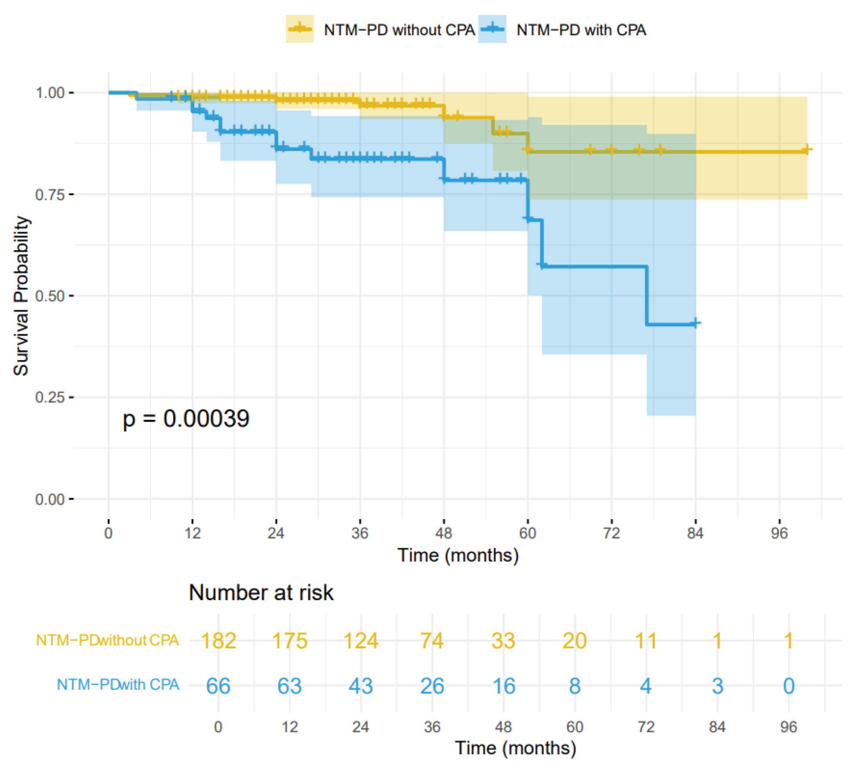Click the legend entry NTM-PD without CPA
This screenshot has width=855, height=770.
[399, 30]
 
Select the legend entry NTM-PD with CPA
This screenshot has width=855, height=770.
[581, 30]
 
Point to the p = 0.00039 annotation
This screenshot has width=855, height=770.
[186, 419]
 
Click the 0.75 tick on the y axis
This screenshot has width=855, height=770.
[49, 194]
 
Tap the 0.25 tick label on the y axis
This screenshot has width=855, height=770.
[49, 398]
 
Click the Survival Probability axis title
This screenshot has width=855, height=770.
[21, 296]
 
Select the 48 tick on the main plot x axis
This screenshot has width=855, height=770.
[444, 533]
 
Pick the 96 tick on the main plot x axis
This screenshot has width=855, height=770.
[779, 533]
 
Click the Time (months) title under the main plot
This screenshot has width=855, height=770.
[458, 556]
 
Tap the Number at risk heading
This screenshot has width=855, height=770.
[261, 593]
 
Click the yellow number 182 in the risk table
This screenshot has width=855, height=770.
[218, 641]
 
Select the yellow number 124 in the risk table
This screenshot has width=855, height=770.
[360, 641]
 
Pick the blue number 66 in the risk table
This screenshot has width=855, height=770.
[218, 686]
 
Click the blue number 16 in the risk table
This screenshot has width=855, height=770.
[503, 686]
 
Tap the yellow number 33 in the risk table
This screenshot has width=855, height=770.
[503, 641]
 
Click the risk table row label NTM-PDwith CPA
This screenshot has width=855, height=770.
[118, 685]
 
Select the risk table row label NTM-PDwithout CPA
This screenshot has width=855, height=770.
[107, 640]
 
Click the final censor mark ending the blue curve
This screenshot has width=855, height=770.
[695, 323]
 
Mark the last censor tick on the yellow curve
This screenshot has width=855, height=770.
[807, 150]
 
